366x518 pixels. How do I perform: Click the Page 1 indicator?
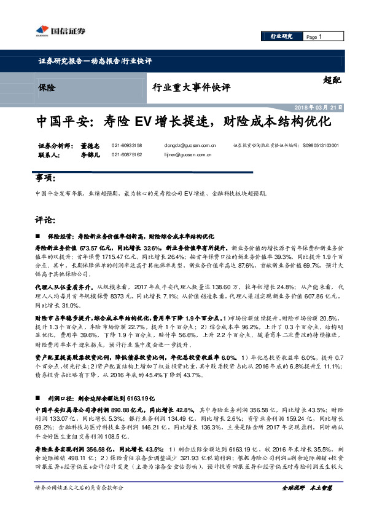click(315, 37)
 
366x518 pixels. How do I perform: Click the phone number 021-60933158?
click(127, 146)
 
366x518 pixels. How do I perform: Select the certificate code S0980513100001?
click(325, 146)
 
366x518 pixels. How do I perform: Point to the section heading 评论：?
click(45, 220)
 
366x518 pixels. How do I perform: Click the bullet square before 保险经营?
click(39, 236)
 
